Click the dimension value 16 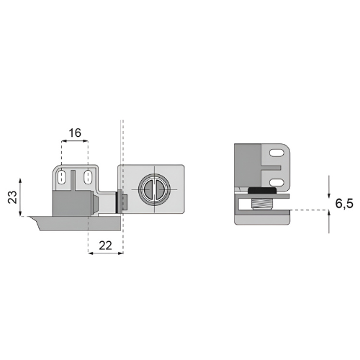tap(75, 132)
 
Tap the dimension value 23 tap(12, 197)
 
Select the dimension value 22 tap(105, 246)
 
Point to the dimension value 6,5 tap(344, 204)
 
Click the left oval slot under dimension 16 tap(62, 177)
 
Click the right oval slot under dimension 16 tap(87, 177)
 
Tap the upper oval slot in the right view tap(276, 153)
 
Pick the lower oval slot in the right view tap(276, 183)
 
